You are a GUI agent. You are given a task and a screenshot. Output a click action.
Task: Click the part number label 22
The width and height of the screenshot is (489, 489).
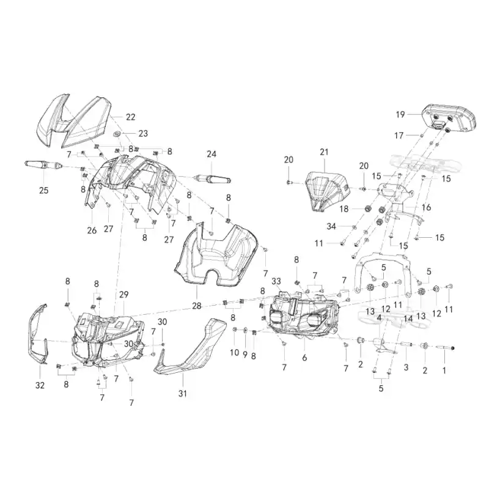131,117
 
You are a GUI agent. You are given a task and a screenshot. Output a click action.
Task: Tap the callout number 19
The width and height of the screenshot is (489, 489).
400,114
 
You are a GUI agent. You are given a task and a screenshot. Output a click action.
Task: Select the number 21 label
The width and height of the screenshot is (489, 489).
325,152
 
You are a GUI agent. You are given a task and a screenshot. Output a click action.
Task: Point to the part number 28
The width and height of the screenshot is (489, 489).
197,306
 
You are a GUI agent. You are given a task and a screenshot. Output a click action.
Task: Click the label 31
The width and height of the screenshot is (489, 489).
182,394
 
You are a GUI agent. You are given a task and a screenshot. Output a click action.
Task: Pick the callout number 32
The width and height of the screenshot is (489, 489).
40,386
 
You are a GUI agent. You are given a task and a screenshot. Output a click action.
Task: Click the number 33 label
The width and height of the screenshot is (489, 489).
276,281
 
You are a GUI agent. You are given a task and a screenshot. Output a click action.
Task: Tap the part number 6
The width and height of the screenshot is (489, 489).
304,358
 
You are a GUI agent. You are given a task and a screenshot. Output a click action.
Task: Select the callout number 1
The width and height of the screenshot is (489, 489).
444,370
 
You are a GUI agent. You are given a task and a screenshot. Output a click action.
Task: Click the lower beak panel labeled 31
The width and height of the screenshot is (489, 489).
191,349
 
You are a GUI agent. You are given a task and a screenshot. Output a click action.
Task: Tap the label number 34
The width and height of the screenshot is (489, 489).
331,226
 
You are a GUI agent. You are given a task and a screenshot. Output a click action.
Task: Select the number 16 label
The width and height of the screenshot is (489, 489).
426,207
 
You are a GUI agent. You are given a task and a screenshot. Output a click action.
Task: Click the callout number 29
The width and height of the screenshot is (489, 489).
124,295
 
